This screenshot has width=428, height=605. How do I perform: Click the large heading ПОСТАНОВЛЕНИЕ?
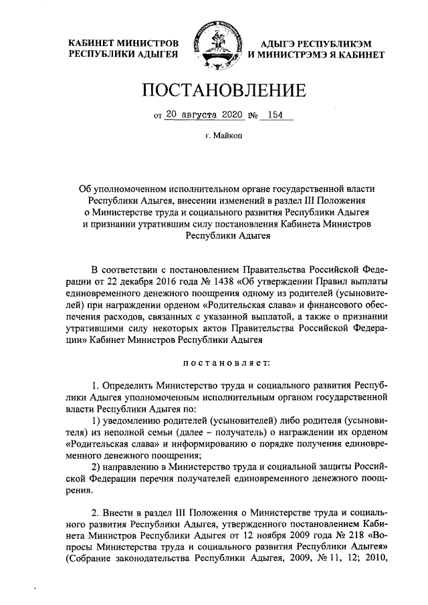pos(214,90)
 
